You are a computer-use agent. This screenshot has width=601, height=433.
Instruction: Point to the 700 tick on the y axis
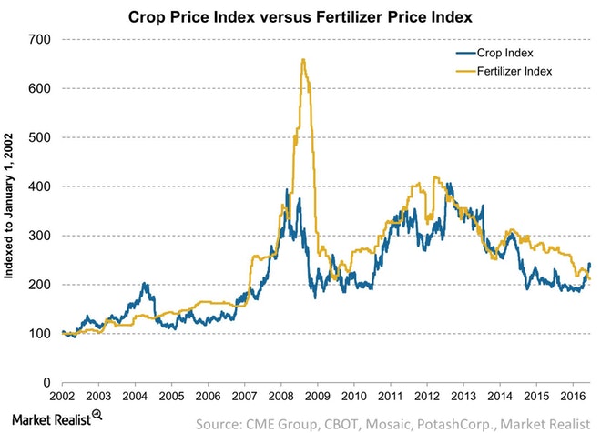40,39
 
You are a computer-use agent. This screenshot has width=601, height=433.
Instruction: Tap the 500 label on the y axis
40,137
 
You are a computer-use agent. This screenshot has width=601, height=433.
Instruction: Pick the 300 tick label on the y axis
40,236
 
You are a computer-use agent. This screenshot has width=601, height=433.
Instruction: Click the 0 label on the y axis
46,383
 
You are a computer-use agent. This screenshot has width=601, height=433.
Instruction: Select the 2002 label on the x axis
63,398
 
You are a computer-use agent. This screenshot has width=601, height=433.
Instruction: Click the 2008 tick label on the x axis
280,398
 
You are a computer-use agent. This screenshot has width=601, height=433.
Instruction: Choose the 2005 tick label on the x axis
171,398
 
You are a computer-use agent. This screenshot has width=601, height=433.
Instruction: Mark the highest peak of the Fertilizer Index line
302,60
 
